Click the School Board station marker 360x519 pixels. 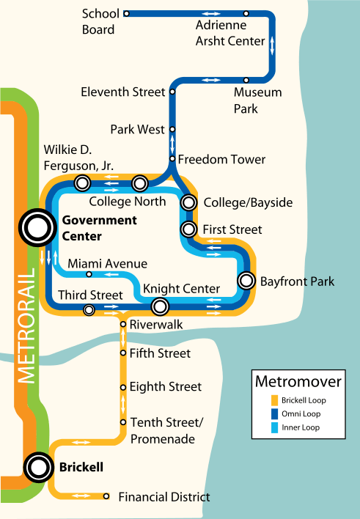click(126, 13)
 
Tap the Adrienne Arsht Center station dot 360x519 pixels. click(246, 13)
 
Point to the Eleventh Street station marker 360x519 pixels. click(172, 92)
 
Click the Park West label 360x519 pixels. click(137, 130)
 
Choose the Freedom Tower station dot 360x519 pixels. click(172, 158)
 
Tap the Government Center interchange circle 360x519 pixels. click(35, 228)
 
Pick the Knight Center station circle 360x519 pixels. click(160, 306)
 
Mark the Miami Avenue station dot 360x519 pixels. click(89, 274)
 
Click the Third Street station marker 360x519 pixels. click(89, 310)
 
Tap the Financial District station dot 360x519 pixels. click(106, 496)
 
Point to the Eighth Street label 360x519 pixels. click(165, 387)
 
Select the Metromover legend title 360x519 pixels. click(298, 381)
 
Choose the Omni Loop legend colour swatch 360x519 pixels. click(274, 413)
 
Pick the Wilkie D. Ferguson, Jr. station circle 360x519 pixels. click(82, 183)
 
